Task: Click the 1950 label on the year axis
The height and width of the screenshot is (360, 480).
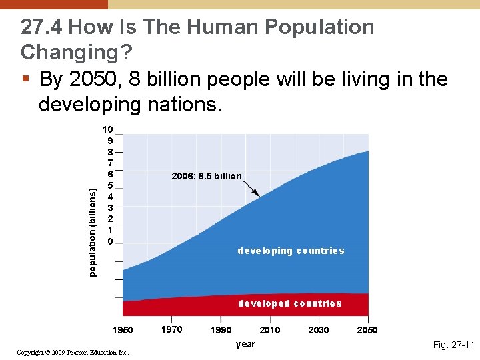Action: tap(123, 330)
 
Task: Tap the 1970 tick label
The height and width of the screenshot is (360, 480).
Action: tap(172, 329)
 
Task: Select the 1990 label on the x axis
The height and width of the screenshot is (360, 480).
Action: tap(221, 330)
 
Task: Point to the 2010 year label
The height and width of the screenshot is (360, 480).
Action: tap(270, 330)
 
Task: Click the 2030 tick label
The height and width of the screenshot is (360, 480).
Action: tap(319, 330)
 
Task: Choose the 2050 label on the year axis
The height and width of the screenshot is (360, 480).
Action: tap(367, 330)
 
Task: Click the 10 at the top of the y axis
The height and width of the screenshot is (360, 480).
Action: tap(107, 129)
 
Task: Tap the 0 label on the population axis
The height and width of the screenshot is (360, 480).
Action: tap(110, 241)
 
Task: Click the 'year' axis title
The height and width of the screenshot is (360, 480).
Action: tap(245, 344)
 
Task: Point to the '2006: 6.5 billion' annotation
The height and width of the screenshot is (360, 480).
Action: tap(207, 176)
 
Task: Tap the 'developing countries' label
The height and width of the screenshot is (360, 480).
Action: tap(291, 251)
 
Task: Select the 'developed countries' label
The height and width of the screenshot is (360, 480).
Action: tap(290, 303)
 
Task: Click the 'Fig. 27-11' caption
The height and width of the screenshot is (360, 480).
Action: tap(453, 345)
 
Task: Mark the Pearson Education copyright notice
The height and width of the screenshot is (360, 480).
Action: tap(73, 352)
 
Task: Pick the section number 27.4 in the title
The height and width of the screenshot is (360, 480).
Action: tap(42, 27)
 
